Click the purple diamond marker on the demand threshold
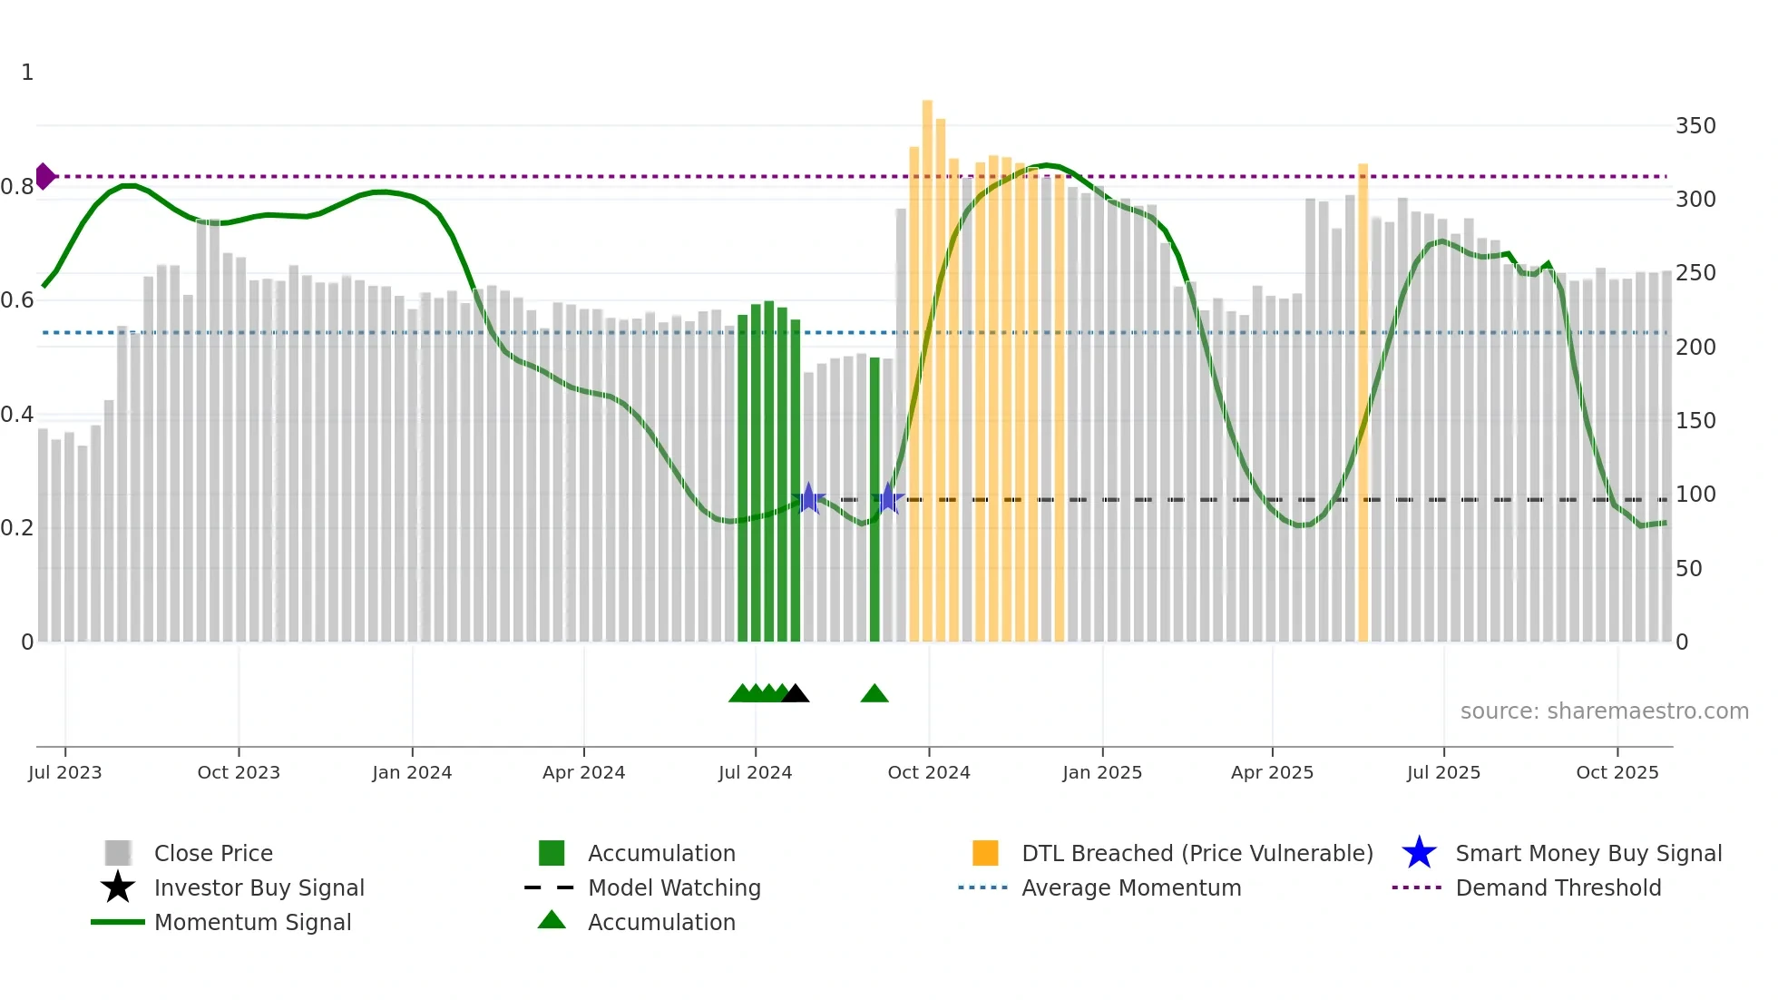(x=44, y=176)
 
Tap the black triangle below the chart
(x=796, y=694)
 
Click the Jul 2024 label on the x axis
(x=755, y=772)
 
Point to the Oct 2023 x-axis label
(x=239, y=772)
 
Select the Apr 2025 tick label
(x=1272, y=772)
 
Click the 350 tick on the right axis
(x=1695, y=126)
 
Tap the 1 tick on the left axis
(x=27, y=73)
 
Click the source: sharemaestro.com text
(x=1604, y=711)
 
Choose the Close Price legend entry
(x=213, y=854)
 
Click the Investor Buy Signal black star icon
(x=118, y=887)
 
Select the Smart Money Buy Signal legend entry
(x=1588, y=854)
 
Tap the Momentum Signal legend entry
(x=252, y=923)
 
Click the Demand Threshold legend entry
(x=1558, y=888)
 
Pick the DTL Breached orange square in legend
(x=985, y=853)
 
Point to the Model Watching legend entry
(x=674, y=888)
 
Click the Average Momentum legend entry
(x=1131, y=888)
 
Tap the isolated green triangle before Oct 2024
(x=874, y=694)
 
